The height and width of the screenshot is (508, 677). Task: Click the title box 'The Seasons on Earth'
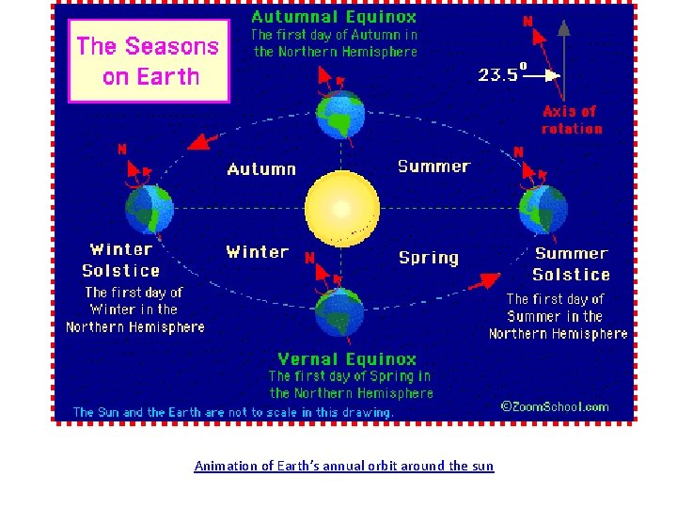click(x=149, y=60)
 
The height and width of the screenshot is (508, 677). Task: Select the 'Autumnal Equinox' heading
click(x=334, y=16)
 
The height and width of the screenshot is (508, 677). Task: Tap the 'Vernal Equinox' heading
click(x=347, y=358)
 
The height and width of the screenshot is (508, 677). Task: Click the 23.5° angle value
click(x=500, y=74)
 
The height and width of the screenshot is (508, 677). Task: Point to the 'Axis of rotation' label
click(x=572, y=119)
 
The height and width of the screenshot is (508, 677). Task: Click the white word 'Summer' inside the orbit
click(x=433, y=167)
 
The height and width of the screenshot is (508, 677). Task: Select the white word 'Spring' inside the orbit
click(x=429, y=257)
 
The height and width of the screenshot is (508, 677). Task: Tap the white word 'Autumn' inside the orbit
click(x=261, y=169)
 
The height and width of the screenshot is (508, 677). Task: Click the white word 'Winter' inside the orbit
click(x=257, y=252)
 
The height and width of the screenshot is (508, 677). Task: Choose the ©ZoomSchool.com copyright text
click(x=554, y=406)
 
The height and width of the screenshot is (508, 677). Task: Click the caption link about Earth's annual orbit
click(x=343, y=466)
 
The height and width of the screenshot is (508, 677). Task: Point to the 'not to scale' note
click(x=233, y=412)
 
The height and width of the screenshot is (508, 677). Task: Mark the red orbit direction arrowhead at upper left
click(x=197, y=141)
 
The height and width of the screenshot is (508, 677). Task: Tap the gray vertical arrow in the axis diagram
click(x=563, y=52)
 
